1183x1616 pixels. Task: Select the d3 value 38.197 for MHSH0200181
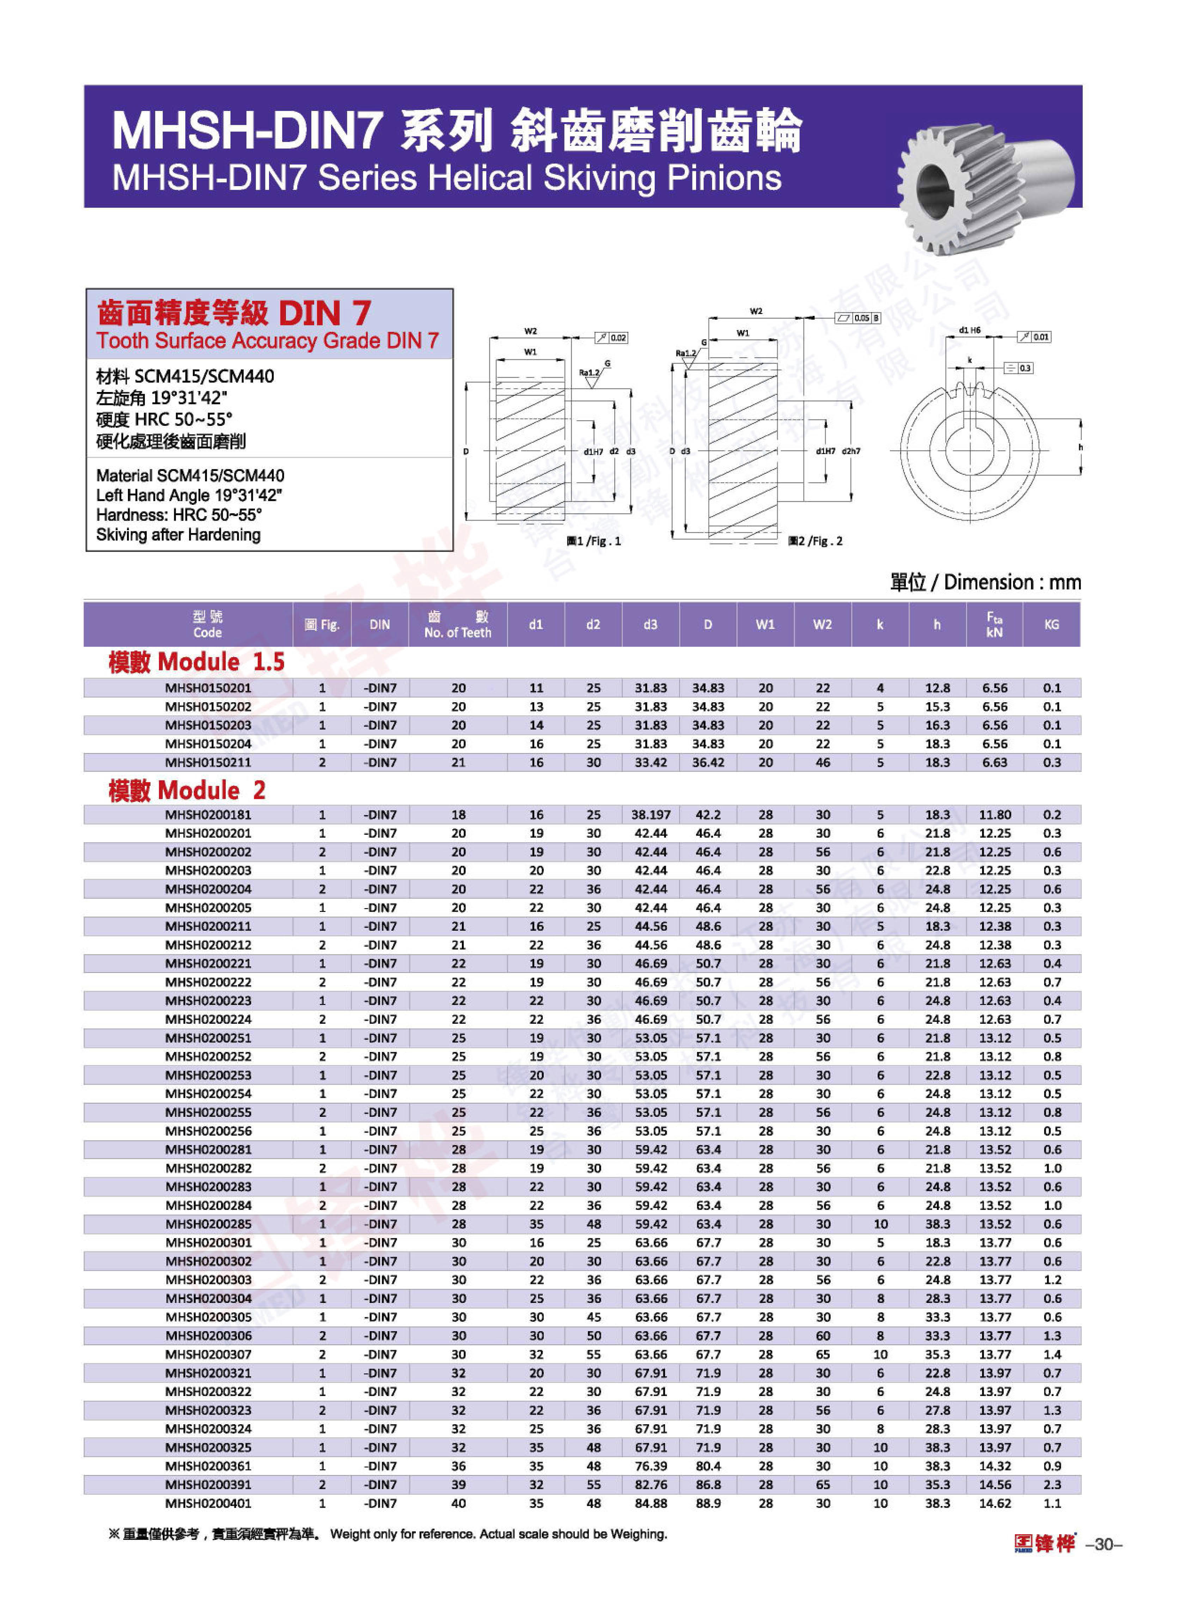pyautogui.click(x=650, y=815)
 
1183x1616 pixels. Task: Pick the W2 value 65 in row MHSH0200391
pyautogui.click(x=823, y=1484)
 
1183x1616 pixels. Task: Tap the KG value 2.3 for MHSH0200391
pyautogui.click(x=1051, y=1484)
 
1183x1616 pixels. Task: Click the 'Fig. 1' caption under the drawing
pyautogui.click(x=594, y=541)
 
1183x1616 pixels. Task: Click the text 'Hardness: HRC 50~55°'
pyautogui.click(x=179, y=515)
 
